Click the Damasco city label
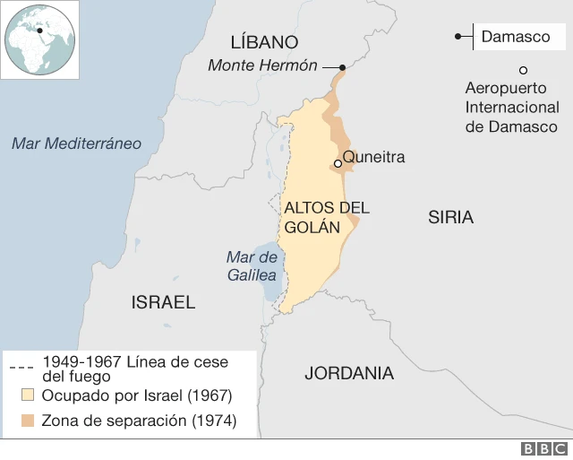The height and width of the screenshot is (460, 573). point(515,37)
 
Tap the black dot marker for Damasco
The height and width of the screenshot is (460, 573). point(458,37)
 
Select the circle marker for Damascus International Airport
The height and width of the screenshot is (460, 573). point(523,70)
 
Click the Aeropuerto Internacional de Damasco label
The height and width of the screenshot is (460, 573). point(511,107)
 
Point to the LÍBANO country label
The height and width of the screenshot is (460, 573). point(264,42)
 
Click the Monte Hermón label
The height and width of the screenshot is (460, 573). point(262,65)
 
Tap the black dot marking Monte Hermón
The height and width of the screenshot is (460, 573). point(343,67)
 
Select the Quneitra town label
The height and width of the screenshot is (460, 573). point(374,158)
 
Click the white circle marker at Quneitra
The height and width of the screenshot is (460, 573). point(338,163)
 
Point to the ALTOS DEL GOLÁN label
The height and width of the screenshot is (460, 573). point(326,217)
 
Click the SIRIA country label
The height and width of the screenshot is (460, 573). point(450,217)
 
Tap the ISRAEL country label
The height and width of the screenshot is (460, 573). point(163,302)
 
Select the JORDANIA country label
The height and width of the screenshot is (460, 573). point(349,373)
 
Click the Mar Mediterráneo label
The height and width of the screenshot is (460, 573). point(77,143)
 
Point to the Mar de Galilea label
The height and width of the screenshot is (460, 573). point(251,266)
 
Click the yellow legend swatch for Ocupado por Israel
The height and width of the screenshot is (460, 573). point(26,395)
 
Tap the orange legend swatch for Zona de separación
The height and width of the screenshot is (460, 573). point(26,421)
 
